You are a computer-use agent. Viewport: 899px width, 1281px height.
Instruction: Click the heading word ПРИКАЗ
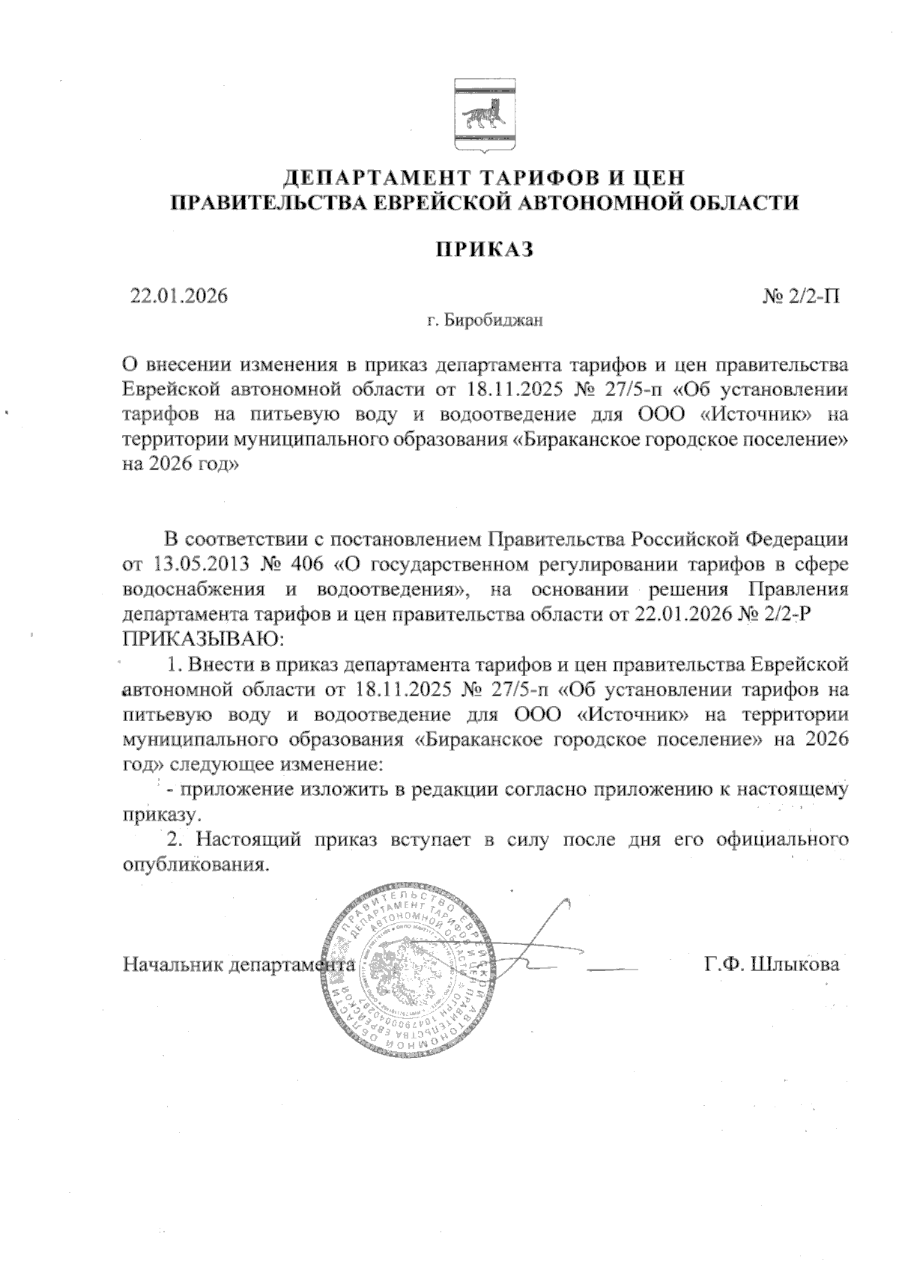(x=485, y=249)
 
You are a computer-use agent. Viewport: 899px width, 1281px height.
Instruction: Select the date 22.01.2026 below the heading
(x=178, y=296)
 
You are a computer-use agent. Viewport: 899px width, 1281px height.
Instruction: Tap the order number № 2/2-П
(x=801, y=296)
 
